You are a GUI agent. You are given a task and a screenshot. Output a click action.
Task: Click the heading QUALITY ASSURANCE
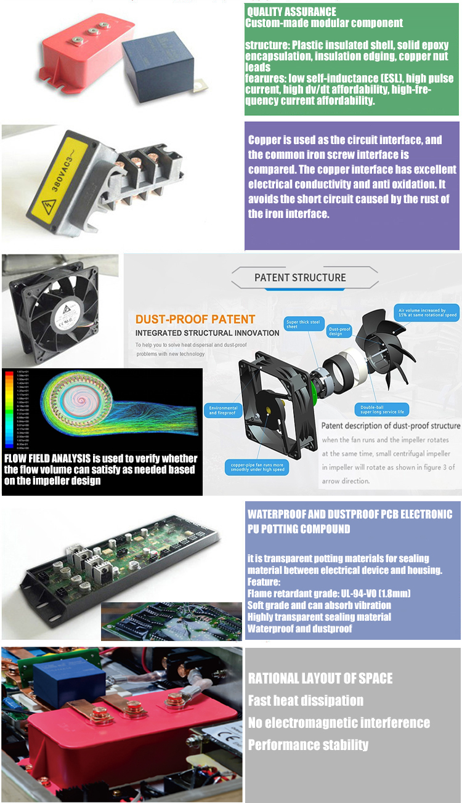[x=291, y=11]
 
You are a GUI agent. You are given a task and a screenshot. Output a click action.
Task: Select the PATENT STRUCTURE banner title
[x=300, y=278]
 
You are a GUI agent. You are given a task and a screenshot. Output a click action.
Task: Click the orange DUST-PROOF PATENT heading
[x=195, y=319]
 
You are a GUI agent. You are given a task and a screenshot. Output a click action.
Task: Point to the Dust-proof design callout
[x=339, y=331]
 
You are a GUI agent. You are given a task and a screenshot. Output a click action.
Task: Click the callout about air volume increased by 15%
[x=428, y=312]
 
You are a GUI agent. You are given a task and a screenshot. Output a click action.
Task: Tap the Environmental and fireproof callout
[x=223, y=410]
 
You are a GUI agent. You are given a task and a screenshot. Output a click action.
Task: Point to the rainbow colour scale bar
[x=9, y=409]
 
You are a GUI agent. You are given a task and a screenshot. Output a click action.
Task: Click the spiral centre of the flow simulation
[x=79, y=402]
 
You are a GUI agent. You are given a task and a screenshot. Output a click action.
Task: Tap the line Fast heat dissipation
[x=306, y=700]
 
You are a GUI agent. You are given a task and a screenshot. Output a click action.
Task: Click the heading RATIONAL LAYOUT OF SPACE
[x=320, y=679]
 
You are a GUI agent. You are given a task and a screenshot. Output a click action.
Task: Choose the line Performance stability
[x=308, y=744]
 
